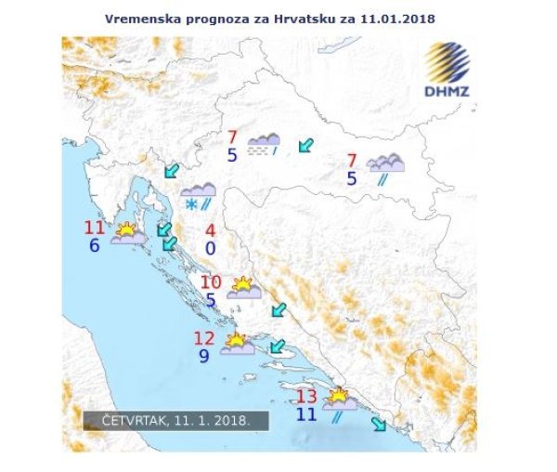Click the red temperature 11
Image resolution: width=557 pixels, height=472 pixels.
click(95, 228)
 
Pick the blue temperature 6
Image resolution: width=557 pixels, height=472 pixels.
click(94, 246)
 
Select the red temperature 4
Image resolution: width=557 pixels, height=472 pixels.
click(211, 230)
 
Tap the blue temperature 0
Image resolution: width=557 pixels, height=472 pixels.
click(211, 249)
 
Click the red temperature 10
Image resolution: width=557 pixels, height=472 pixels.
click(211, 282)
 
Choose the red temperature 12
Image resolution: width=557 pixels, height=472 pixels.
click(203, 338)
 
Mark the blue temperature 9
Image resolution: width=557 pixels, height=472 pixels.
click(204, 356)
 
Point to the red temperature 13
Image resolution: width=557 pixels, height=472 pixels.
click(305, 397)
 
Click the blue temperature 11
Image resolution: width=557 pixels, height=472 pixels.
click(305, 414)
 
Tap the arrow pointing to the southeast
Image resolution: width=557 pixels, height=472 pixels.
click(379, 425)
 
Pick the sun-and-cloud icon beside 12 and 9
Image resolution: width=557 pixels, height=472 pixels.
click(238, 344)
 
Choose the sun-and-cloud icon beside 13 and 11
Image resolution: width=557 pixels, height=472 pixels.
click(339, 400)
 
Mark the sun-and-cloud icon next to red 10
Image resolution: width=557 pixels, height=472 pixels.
click(243, 287)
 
